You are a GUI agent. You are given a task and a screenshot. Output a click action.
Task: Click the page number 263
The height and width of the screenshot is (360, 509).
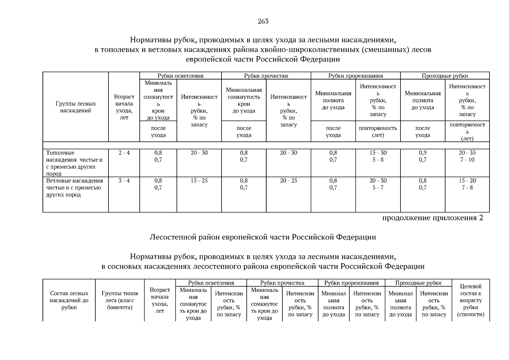[x=263, y=21]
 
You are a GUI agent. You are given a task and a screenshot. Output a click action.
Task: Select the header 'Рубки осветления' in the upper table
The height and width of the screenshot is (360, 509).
[x=180, y=76]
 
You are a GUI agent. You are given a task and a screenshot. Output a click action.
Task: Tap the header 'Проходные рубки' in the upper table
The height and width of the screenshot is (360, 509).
[x=445, y=76]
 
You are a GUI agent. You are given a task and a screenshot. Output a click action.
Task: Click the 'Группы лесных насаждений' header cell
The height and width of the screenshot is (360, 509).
[x=76, y=107]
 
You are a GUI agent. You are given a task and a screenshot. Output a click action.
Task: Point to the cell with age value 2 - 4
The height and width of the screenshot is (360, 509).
[x=124, y=153]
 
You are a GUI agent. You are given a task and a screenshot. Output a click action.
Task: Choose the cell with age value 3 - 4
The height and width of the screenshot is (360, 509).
[x=124, y=181]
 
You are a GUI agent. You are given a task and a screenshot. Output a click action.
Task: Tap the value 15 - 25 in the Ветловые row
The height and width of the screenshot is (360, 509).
[x=199, y=181]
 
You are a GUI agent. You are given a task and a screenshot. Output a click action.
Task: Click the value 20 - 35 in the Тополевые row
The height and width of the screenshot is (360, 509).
[x=467, y=153]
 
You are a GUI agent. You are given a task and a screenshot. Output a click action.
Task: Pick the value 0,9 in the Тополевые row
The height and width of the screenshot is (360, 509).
[x=423, y=153]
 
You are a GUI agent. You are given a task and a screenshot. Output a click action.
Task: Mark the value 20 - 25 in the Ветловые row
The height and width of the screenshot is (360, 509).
[x=288, y=181]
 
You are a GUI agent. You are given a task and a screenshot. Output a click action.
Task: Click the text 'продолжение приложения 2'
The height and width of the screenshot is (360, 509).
[x=433, y=218]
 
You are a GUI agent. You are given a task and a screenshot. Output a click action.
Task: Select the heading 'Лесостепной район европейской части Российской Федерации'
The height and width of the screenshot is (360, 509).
[x=263, y=237]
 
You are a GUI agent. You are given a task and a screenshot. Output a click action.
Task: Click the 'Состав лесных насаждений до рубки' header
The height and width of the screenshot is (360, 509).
[x=69, y=300]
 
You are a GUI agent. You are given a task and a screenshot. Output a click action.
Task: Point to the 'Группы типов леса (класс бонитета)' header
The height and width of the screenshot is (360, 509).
[x=120, y=300]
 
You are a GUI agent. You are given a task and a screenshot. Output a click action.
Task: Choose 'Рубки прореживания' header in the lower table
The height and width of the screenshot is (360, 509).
[x=351, y=283]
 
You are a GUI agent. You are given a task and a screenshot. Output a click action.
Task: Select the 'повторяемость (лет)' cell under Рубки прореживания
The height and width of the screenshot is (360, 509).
[x=378, y=131]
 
